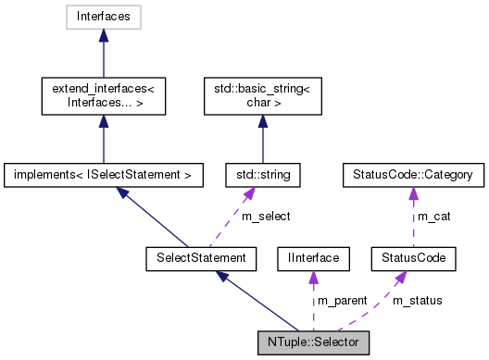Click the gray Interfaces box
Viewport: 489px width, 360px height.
(104, 17)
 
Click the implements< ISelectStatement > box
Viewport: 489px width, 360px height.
(104, 173)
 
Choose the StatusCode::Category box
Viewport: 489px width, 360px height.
(408, 173)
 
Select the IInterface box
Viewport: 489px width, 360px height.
(314, 256)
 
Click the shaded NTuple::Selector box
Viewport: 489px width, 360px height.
(314, 340)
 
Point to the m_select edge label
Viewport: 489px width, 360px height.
(266, 216)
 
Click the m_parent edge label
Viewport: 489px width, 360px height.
(342, 300)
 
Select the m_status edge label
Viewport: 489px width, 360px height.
(418, 300)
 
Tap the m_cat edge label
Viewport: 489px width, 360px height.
(430, 216)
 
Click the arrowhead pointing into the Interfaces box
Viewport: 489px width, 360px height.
(104, 36)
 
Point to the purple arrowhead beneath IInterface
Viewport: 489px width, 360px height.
(314, 276)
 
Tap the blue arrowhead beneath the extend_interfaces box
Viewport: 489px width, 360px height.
(104, 119)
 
